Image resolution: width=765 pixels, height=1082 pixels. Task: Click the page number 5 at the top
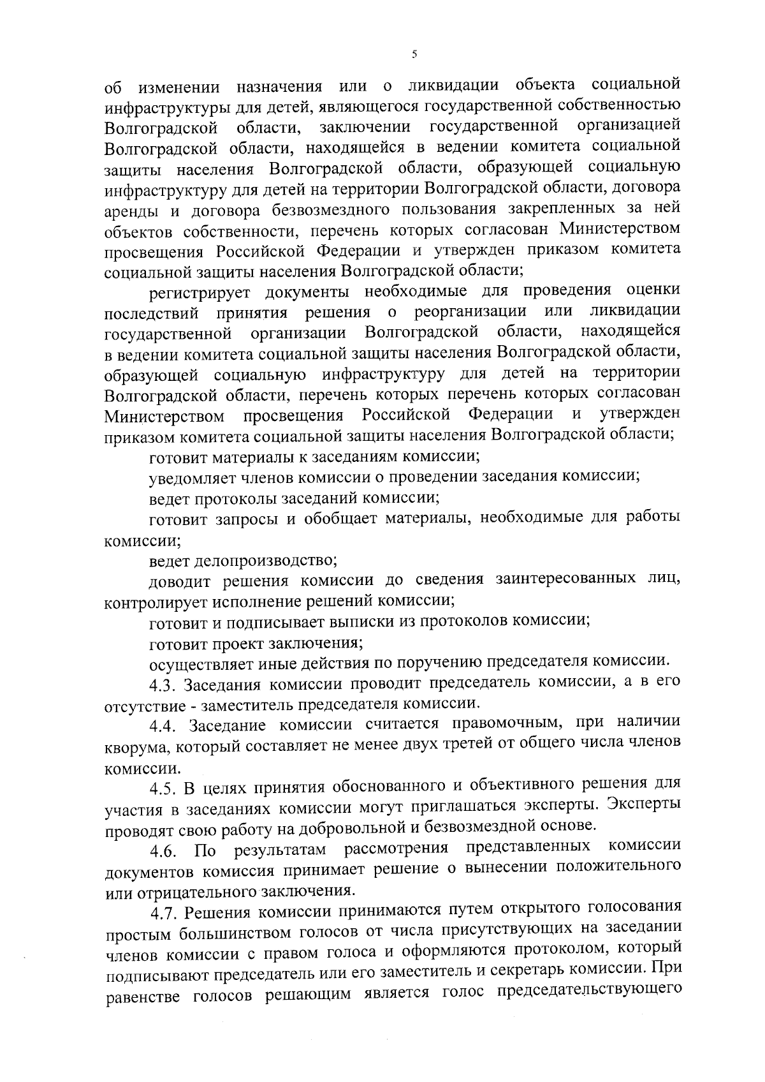[x=414, y=55]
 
